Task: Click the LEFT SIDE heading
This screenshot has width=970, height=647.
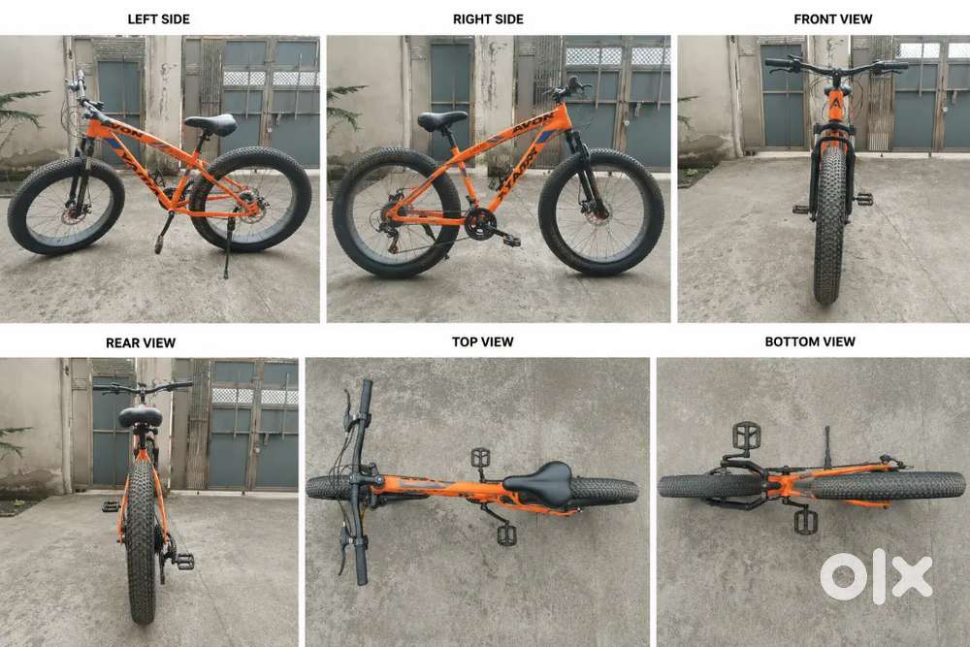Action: click(158, 19)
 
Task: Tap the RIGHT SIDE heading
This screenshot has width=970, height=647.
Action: click(488, 19)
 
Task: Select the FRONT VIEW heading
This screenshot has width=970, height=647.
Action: click(832, 19)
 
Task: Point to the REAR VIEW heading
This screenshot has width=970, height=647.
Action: click(141, 342)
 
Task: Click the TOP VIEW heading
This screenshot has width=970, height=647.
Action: click(482, 341)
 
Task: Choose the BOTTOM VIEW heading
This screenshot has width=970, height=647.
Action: click(810, 341)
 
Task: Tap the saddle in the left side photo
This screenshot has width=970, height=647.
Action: click(210, 124)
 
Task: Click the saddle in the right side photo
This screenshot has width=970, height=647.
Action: click(441, 120)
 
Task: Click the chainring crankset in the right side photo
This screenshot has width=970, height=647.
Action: click(478, 223)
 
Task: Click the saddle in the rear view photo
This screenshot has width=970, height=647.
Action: click(140, 416)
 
